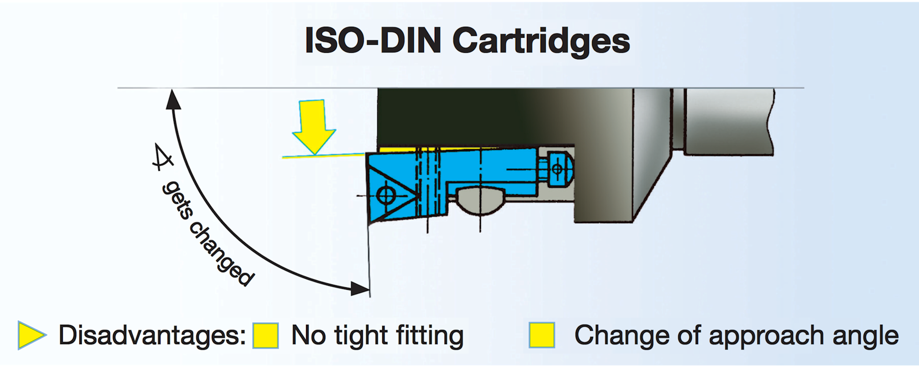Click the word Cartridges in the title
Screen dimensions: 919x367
[x=541, y=41]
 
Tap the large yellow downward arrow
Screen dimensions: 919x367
[x=313, y=126]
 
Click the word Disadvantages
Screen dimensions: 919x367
[x=152, y=335]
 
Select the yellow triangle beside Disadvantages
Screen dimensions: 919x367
[x=31, y=335]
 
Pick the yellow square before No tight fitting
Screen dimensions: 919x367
[x=266, y=335]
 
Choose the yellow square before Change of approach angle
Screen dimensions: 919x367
[x=542, y=335]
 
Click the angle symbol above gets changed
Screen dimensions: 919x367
[x=162, y=157]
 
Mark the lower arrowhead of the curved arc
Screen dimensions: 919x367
[x=360, y=288]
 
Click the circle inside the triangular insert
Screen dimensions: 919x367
[x=386, y=195]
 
